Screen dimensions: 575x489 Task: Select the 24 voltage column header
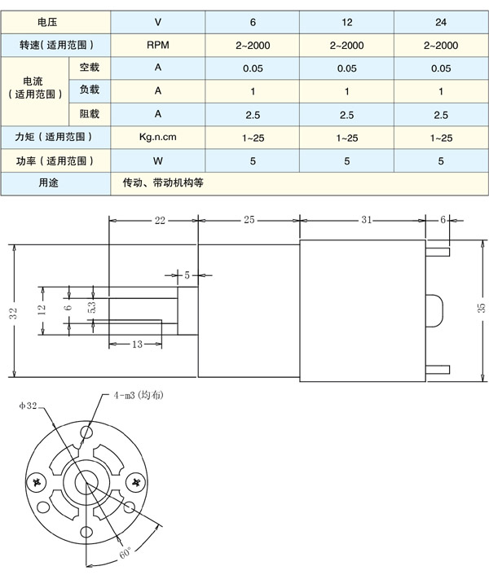441,22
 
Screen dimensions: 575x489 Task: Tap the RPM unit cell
158,46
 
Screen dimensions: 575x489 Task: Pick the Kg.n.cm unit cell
158,138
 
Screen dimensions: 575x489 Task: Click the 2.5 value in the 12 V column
346,115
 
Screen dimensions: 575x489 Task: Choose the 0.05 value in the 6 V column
253,68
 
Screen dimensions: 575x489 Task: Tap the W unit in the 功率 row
158,161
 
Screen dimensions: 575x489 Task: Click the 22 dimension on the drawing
160,220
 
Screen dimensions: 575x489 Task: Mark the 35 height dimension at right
481,307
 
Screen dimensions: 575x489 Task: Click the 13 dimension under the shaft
136,345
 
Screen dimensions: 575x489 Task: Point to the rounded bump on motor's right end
434,309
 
